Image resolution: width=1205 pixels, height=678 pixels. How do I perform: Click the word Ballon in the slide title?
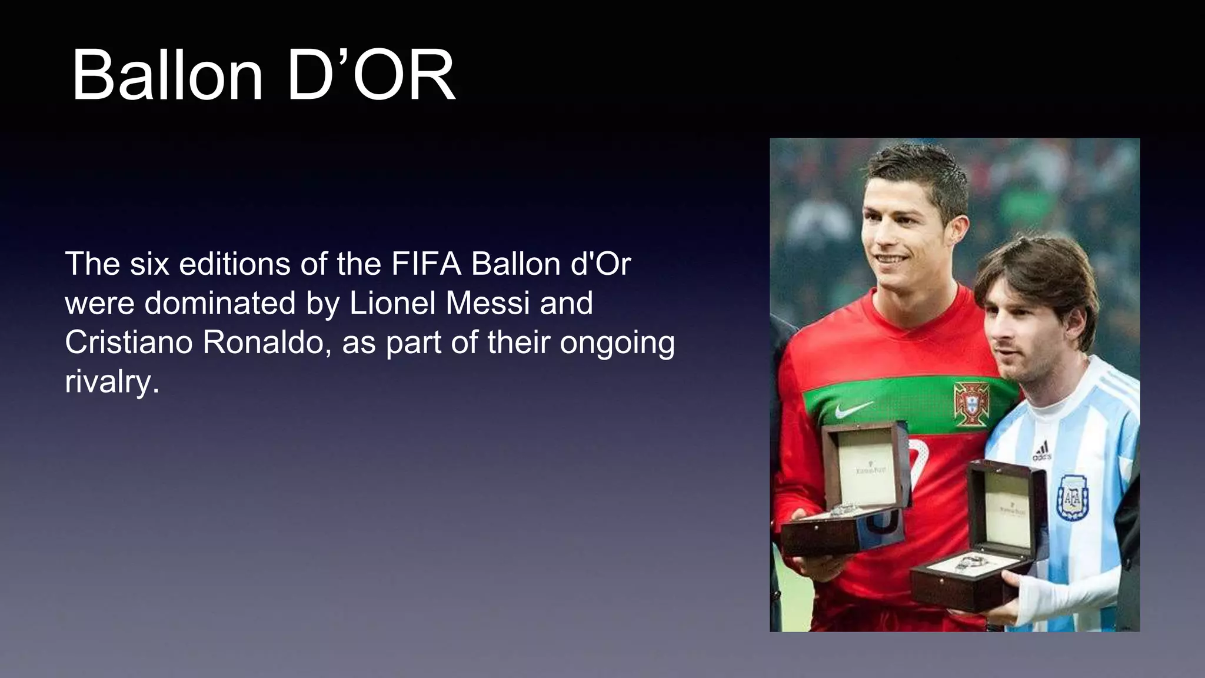[167, 76]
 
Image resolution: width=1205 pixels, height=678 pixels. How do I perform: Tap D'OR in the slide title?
[371, 76]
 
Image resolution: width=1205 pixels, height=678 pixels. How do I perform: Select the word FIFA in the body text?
[426, 264]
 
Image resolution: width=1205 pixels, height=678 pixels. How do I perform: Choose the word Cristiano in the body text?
[129, 343]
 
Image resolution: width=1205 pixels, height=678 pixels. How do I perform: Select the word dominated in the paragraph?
[221, 304]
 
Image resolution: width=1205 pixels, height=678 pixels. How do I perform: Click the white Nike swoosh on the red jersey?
[853, 408]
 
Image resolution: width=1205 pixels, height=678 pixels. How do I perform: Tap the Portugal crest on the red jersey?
[971, 404]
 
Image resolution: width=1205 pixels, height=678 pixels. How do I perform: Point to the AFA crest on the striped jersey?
[1072, 498]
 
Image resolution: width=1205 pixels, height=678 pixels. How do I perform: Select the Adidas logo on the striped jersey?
[1042, 450]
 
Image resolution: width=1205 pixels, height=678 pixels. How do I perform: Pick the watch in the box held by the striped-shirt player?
[971, 564]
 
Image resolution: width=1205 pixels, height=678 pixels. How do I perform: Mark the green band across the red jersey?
[900, 400]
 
